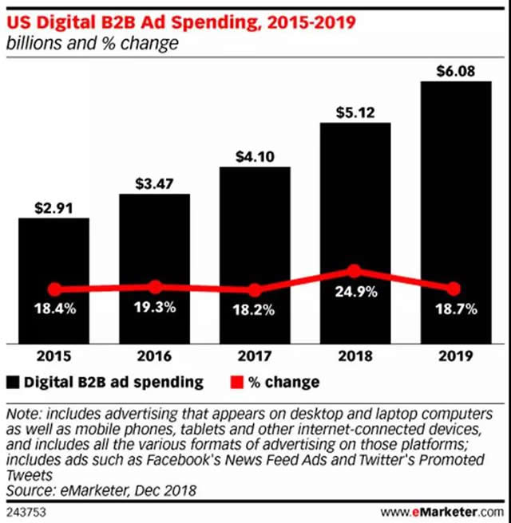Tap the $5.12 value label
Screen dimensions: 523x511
355,112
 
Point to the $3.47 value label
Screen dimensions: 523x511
154,183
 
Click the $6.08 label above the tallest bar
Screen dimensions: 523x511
454,70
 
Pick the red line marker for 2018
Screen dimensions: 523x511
355,272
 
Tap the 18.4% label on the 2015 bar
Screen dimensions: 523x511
54,309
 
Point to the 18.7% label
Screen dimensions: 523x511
454,309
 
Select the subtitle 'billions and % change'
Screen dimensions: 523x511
93,42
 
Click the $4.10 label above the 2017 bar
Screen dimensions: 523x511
254,157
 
